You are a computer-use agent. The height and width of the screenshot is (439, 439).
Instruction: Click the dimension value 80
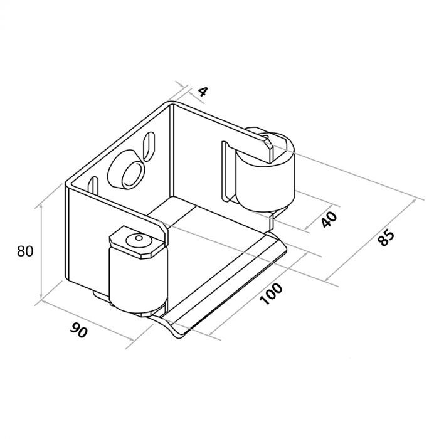(25, 251)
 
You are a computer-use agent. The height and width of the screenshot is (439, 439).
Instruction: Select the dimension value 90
(79, 330)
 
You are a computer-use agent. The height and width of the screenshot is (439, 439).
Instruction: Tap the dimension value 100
(271, 294)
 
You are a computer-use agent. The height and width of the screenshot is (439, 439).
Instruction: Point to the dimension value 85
(386, 238)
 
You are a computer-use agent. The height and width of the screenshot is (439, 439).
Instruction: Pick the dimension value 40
(329, 219)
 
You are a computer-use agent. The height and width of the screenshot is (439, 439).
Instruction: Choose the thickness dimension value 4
(203, 92)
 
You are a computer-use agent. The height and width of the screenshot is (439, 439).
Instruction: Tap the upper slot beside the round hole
(149, 146)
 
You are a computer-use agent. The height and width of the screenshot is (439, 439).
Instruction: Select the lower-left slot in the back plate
(93, 187)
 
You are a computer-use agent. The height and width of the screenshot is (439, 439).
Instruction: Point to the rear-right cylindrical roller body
(265, 182)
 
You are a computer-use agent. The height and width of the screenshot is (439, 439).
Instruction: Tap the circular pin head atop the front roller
(139, 240)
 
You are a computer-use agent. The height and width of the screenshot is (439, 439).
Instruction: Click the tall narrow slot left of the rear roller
(225, 171)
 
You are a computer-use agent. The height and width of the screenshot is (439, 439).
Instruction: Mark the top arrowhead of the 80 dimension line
(41, 206)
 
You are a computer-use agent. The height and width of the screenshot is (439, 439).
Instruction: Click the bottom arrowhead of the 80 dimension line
(41, 297)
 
